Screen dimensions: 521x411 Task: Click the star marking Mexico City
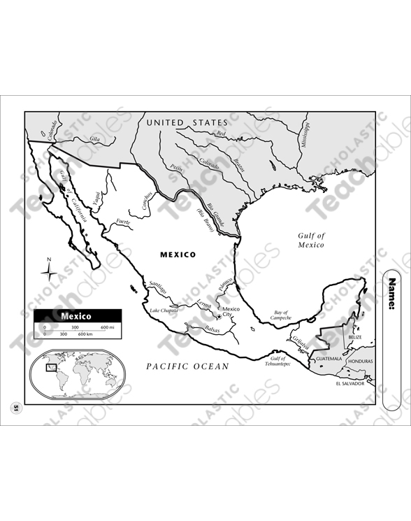pyautogui.click(x=219, y=317)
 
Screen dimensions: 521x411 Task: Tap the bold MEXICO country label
pyautogui.click(x=178, y=255)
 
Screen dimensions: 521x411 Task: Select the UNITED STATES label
pyautogui.click(x=187, y=123)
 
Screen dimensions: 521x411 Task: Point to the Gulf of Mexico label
pyautogui.click(x=311, y=241)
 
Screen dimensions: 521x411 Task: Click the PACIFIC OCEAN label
pyautogui.click(x=187, y=366)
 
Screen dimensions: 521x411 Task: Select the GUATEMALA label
pyautogui.click(x=329, y=359)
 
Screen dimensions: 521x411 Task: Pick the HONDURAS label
pyautogui.click(x=361, y=361)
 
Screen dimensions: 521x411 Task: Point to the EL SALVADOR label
pyautogui.click(x=351, y=383)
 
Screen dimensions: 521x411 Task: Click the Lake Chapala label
pyautogui.click(x=164, y=311)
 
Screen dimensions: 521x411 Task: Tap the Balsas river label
pyautogui.click(x=212, y=329)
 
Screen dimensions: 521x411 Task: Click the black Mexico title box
pyautogui.click(x=77, y=315)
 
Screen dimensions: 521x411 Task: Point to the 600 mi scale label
pyautogui.click(x=107, y=327)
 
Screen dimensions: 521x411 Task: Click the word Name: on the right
pyautogui.click(x=392, y=294)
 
